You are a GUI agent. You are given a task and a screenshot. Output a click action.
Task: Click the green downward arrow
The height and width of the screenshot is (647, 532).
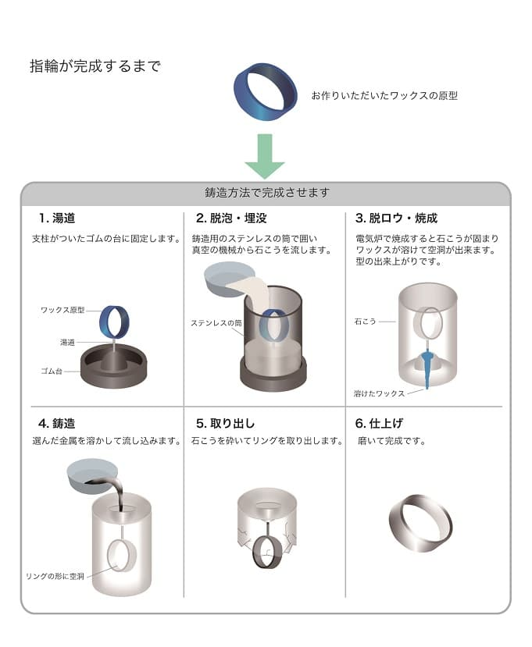(x=265, y=155)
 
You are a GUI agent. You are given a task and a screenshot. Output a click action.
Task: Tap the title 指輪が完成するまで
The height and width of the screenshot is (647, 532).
(x=95, y=66)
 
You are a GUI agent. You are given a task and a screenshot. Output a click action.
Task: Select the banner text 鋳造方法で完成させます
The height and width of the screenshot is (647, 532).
(x=267, y=192)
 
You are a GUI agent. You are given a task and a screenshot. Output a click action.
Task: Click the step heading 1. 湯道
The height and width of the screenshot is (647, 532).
(x=57, y=219)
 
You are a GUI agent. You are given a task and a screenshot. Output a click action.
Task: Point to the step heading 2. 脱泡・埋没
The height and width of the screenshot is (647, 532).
(x=231, y=219)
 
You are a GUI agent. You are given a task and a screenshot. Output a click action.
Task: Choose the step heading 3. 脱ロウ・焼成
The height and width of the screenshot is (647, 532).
(x=396, y=219)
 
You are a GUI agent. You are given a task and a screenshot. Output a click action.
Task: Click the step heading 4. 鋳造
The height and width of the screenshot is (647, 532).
(x=57, y=423)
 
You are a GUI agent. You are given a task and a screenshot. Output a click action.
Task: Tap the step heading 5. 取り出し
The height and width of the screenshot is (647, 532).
(x=225, y=423)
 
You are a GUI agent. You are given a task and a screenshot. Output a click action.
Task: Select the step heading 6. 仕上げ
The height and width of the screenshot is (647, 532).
(x=379, y=423)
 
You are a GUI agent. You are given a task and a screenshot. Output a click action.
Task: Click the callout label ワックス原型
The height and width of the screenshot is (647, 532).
(x=62, y=310)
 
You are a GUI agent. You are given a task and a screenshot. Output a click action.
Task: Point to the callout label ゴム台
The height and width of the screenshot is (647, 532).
(x=52, y=371)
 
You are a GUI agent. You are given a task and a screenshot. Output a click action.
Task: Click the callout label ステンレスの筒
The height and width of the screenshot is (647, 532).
(x=216, y=323)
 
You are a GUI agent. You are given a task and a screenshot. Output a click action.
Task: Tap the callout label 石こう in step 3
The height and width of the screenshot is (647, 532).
(x=365, y=322)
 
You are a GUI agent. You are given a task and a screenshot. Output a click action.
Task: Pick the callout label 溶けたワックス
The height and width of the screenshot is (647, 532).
(x=379, y=393)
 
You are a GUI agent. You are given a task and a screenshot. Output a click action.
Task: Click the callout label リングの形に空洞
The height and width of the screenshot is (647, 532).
(x=55, y=576)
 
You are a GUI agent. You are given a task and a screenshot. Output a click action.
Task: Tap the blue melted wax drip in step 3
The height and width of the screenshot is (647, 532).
(x=428, y=368)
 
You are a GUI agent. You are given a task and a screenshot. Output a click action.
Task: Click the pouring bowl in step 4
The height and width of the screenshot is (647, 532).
(x=92, y=477)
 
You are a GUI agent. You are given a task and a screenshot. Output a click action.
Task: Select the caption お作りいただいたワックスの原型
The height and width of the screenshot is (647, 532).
(x=384, y=96)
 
